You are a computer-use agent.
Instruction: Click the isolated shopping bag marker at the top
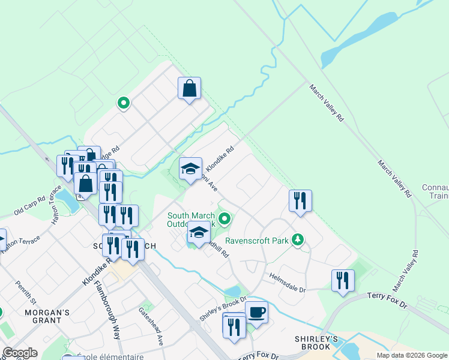189,89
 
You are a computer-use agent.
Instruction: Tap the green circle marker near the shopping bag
124,103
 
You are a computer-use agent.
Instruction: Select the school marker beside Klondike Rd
190,169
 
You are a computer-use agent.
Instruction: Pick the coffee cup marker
256,313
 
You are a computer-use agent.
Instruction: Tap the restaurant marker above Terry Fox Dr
343,280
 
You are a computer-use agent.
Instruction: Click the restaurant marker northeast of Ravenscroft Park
300,201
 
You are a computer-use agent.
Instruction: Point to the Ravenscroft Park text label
257,241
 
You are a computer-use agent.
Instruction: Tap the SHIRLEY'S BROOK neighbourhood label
313,343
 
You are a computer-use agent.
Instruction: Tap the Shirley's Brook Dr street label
223,308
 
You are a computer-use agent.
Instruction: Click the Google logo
20,353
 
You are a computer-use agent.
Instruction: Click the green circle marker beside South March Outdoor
224,218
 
